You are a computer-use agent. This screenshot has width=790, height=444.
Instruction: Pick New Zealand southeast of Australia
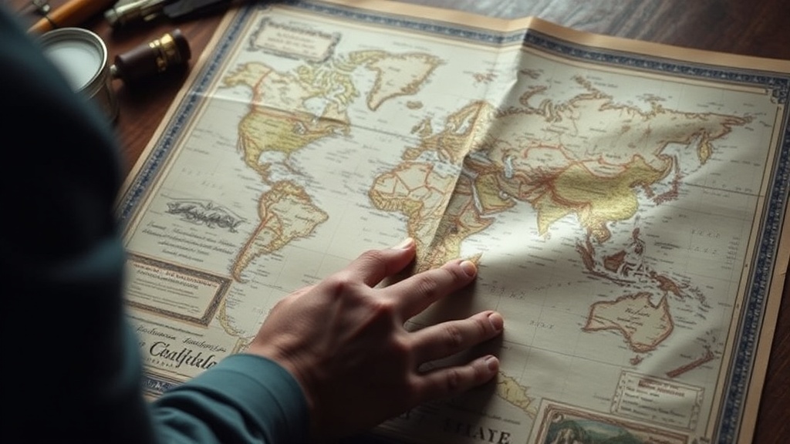point(691,362)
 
